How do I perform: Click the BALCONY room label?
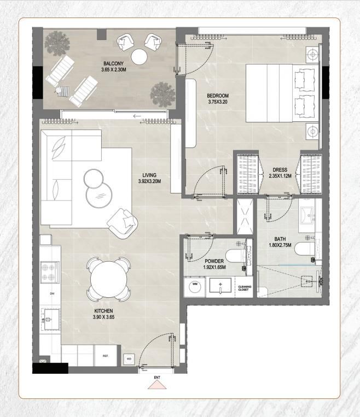coord(114,67)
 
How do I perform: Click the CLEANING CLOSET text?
coord(244,287)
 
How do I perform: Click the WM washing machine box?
coord(194,285)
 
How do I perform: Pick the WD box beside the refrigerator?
coord(130,359)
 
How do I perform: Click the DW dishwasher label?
coord(52,293)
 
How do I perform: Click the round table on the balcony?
coord(140,57)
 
